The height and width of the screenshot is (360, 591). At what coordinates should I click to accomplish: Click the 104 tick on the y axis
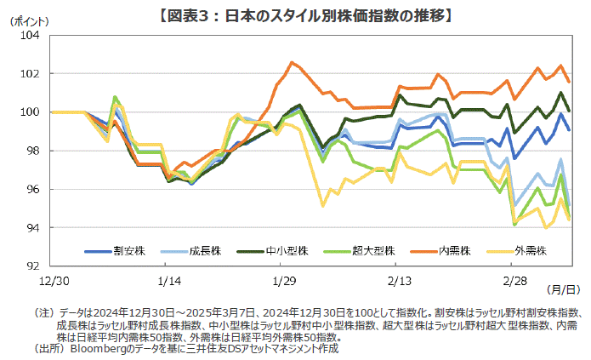coord(28,36)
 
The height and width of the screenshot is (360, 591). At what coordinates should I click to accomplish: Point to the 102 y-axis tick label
coord(28,74)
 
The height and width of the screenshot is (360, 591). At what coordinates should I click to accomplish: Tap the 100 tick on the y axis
coord(28,112)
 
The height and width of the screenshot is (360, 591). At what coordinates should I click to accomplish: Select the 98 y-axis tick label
coord(31,151)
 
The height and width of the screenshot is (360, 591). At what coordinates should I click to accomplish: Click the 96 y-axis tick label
coord(31,189)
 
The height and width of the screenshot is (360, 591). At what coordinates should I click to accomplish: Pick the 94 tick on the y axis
coord(31,227)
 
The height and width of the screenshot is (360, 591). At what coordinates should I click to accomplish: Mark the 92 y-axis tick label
coord(31,266)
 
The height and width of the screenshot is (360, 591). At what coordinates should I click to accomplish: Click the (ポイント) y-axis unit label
coord(29,21)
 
